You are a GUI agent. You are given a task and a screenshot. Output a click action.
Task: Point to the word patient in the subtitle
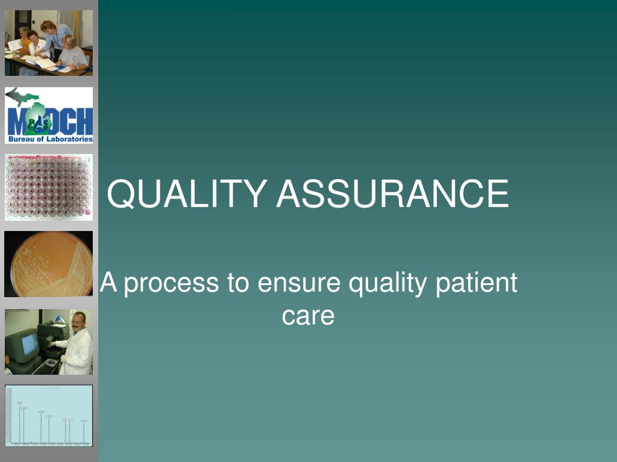click(476, 283)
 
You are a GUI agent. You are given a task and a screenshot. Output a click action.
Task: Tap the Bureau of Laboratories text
click(51, 139)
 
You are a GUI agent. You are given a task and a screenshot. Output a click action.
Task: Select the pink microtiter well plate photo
click(49, 187)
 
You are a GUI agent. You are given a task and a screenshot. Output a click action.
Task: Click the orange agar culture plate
click(51, 263)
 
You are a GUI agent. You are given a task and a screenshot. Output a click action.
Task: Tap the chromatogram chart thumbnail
click(49, 416)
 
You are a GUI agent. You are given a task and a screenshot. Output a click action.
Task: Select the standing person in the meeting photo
click(55, 37)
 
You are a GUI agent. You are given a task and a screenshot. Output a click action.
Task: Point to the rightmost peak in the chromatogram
click(84, 433)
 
